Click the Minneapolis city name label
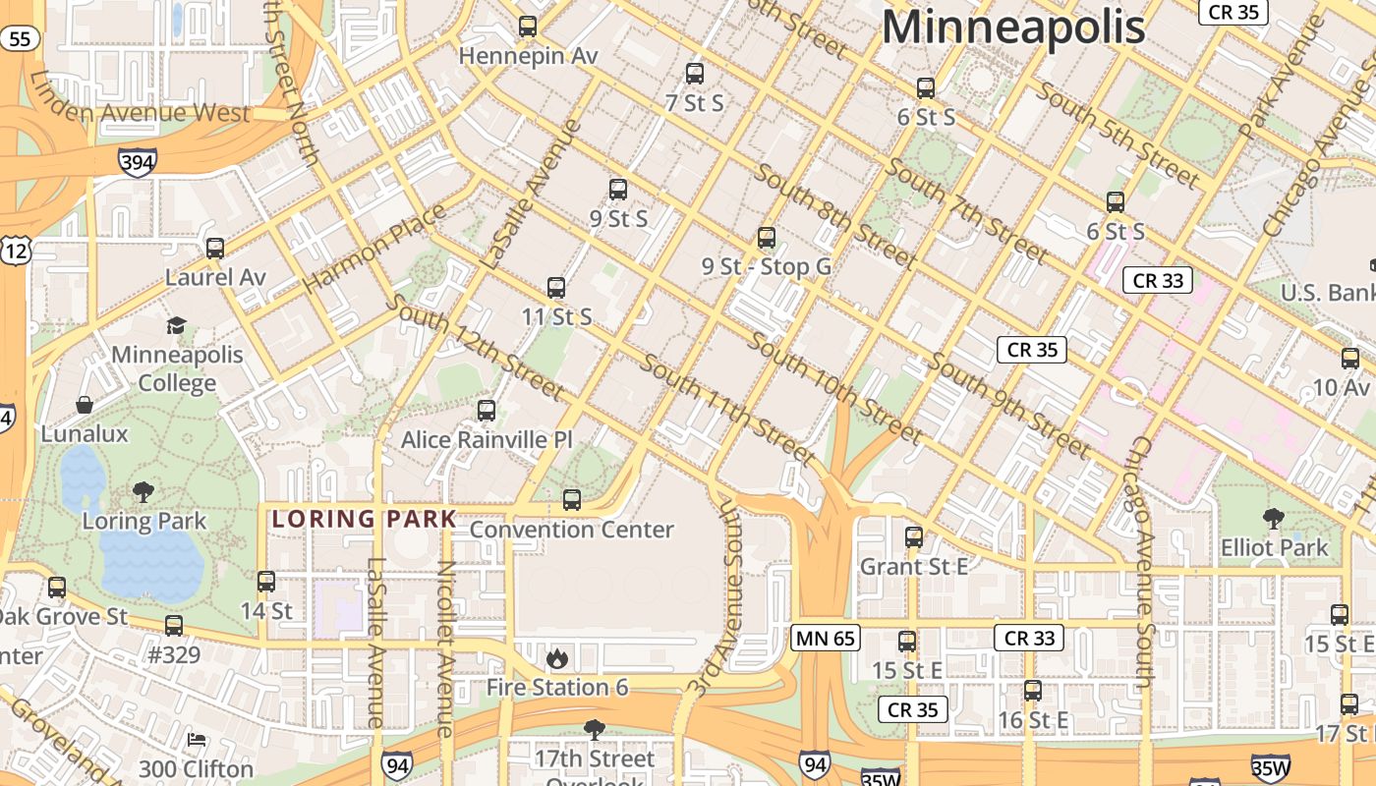pos(1013,27)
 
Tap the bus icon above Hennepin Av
pos(528,27)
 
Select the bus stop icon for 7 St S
pos(695,74)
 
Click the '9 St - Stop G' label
pos(767,266)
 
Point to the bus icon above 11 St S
pos(556,288)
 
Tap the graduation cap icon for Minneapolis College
pos(176,325)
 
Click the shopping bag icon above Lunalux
pos(85,405)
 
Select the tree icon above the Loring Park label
pos(143,491)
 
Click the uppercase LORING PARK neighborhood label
pos(365,519)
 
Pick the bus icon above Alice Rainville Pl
pos(487,411)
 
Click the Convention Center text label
pos(572,530)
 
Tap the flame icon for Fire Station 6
pos(557,658)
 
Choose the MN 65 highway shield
pos(826,638)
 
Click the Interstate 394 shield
pos(137,161)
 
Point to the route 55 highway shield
pos(22,39)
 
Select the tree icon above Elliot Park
pos(1274,518)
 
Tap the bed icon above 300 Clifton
pos(197,739)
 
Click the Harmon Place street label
pos(374,248)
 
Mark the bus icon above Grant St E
pos(914,537)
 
